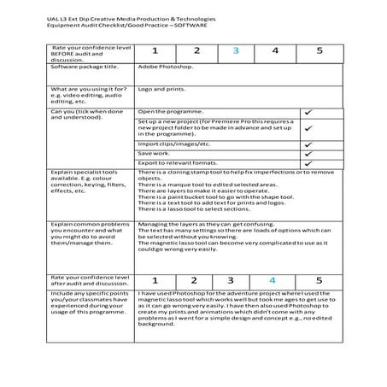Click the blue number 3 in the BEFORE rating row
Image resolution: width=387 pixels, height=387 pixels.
(236, 50)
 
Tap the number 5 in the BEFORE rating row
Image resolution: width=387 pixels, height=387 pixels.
(319, 50)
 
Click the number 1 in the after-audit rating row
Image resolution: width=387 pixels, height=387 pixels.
(155, 280)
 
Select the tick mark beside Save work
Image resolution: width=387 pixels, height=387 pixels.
(307, 154)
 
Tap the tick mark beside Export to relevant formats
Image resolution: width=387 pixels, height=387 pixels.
(307, 164)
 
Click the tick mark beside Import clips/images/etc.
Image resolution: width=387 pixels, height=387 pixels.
(307, 144)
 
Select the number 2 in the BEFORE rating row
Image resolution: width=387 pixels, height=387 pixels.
(194, 50)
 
